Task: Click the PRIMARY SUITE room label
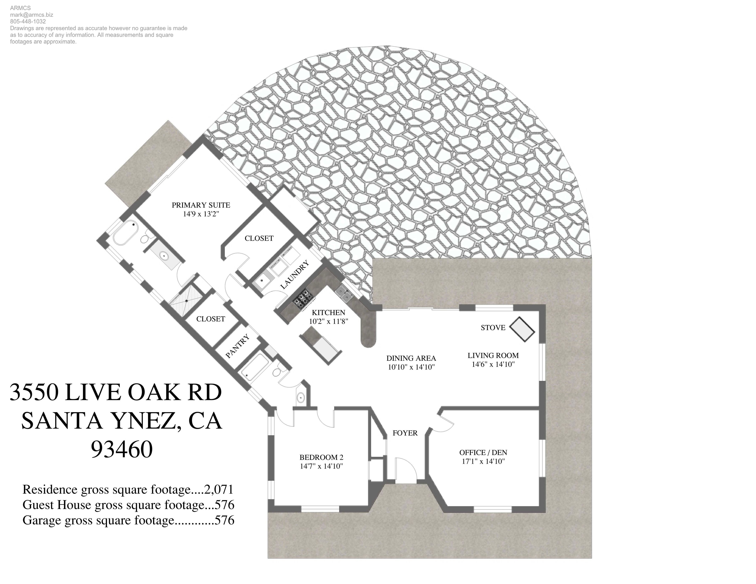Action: click(x=201, y=205)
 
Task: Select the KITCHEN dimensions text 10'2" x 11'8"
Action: click(x=328, y=322)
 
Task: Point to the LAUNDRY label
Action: click(x=294, y=275)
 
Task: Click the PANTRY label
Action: click(x=237, y=346)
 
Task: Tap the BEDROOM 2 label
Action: click(x=321, y=457)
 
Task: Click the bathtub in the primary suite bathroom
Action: click(x=125, y=233)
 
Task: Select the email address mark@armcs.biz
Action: click(x=32, y=15)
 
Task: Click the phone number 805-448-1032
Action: click(x=28, y=21)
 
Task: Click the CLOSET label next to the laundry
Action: click(x=259, y=238)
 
